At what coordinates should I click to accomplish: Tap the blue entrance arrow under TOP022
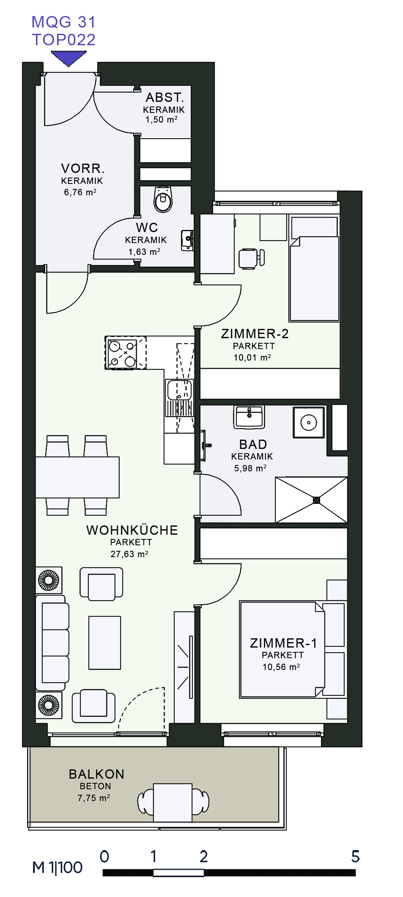tap(69, 58)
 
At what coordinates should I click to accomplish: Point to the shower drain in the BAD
tap(316, 500)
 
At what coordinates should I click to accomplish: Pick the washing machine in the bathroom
tap(309, 422)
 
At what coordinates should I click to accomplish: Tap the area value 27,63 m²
tap(129, 554)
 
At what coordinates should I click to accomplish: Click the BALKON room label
tap(96, 774)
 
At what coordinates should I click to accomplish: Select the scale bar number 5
tap(355, 856)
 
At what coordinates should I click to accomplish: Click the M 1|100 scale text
tap(58, 867)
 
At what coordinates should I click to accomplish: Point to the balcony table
tap(173, 802)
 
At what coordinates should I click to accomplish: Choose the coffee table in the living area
tap(104, 643)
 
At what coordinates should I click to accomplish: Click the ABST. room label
tap(165, 98)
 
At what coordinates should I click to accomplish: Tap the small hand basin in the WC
tap(187, 240)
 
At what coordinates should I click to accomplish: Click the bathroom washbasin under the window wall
tap(249, 416)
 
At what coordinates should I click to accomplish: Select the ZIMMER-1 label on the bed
tap(283, 643)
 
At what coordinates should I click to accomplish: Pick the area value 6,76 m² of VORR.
tap(80, 192)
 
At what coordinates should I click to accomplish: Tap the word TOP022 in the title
tap(64, 40)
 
